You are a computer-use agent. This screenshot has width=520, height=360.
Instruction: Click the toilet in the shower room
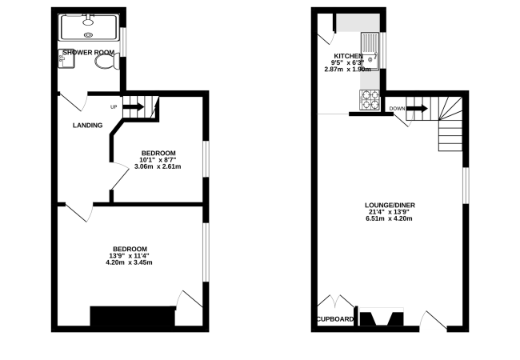tap(107, 62)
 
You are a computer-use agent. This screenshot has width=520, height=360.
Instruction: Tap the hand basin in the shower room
tap(66, 58)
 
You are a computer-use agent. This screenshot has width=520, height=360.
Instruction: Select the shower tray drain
tap(88, 34)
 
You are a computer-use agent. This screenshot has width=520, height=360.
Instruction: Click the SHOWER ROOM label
tap(89, 52)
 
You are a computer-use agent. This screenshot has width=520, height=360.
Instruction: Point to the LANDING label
tap(87, 126)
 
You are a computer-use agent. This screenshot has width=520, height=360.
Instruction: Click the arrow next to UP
tap(134, 106)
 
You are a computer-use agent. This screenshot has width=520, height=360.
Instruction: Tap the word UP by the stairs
tap(114, 107)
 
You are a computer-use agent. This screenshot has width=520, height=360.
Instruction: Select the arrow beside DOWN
tap(417, 108)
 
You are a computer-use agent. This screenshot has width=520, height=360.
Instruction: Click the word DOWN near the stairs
tap(397, 109)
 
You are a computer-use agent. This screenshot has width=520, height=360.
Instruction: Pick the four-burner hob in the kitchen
tap(370, 100)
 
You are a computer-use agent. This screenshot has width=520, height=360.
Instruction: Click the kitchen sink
tap(370, 50)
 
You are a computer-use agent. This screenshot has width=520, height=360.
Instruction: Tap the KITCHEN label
tap(348, 56)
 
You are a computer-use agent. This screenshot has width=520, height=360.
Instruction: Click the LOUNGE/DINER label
tap(390, 205)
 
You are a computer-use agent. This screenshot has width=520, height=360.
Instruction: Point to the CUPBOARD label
tap(335, 319)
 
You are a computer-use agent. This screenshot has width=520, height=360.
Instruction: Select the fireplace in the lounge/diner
tap(382, 317)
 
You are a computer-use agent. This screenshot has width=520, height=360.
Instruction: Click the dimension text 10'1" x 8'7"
tap(158, 160)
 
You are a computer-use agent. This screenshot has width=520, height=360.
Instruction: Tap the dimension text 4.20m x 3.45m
tap(129, 262)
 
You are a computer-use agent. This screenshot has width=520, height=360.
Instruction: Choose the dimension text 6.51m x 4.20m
tap(389, 218)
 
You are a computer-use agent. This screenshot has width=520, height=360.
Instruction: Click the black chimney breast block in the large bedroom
tap(133, 316)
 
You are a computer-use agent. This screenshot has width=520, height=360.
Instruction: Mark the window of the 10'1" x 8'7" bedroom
tap(206, 159)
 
